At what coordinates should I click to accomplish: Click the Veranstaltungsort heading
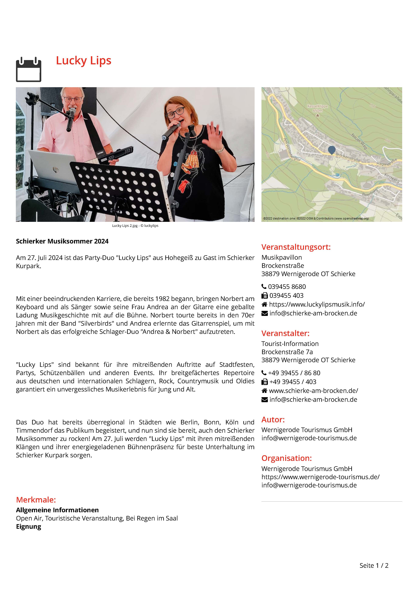296,247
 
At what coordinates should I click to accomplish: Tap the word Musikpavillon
282,257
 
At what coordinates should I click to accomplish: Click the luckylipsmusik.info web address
317,304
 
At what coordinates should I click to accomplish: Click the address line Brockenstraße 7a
287,352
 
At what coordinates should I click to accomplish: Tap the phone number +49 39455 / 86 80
294,373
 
